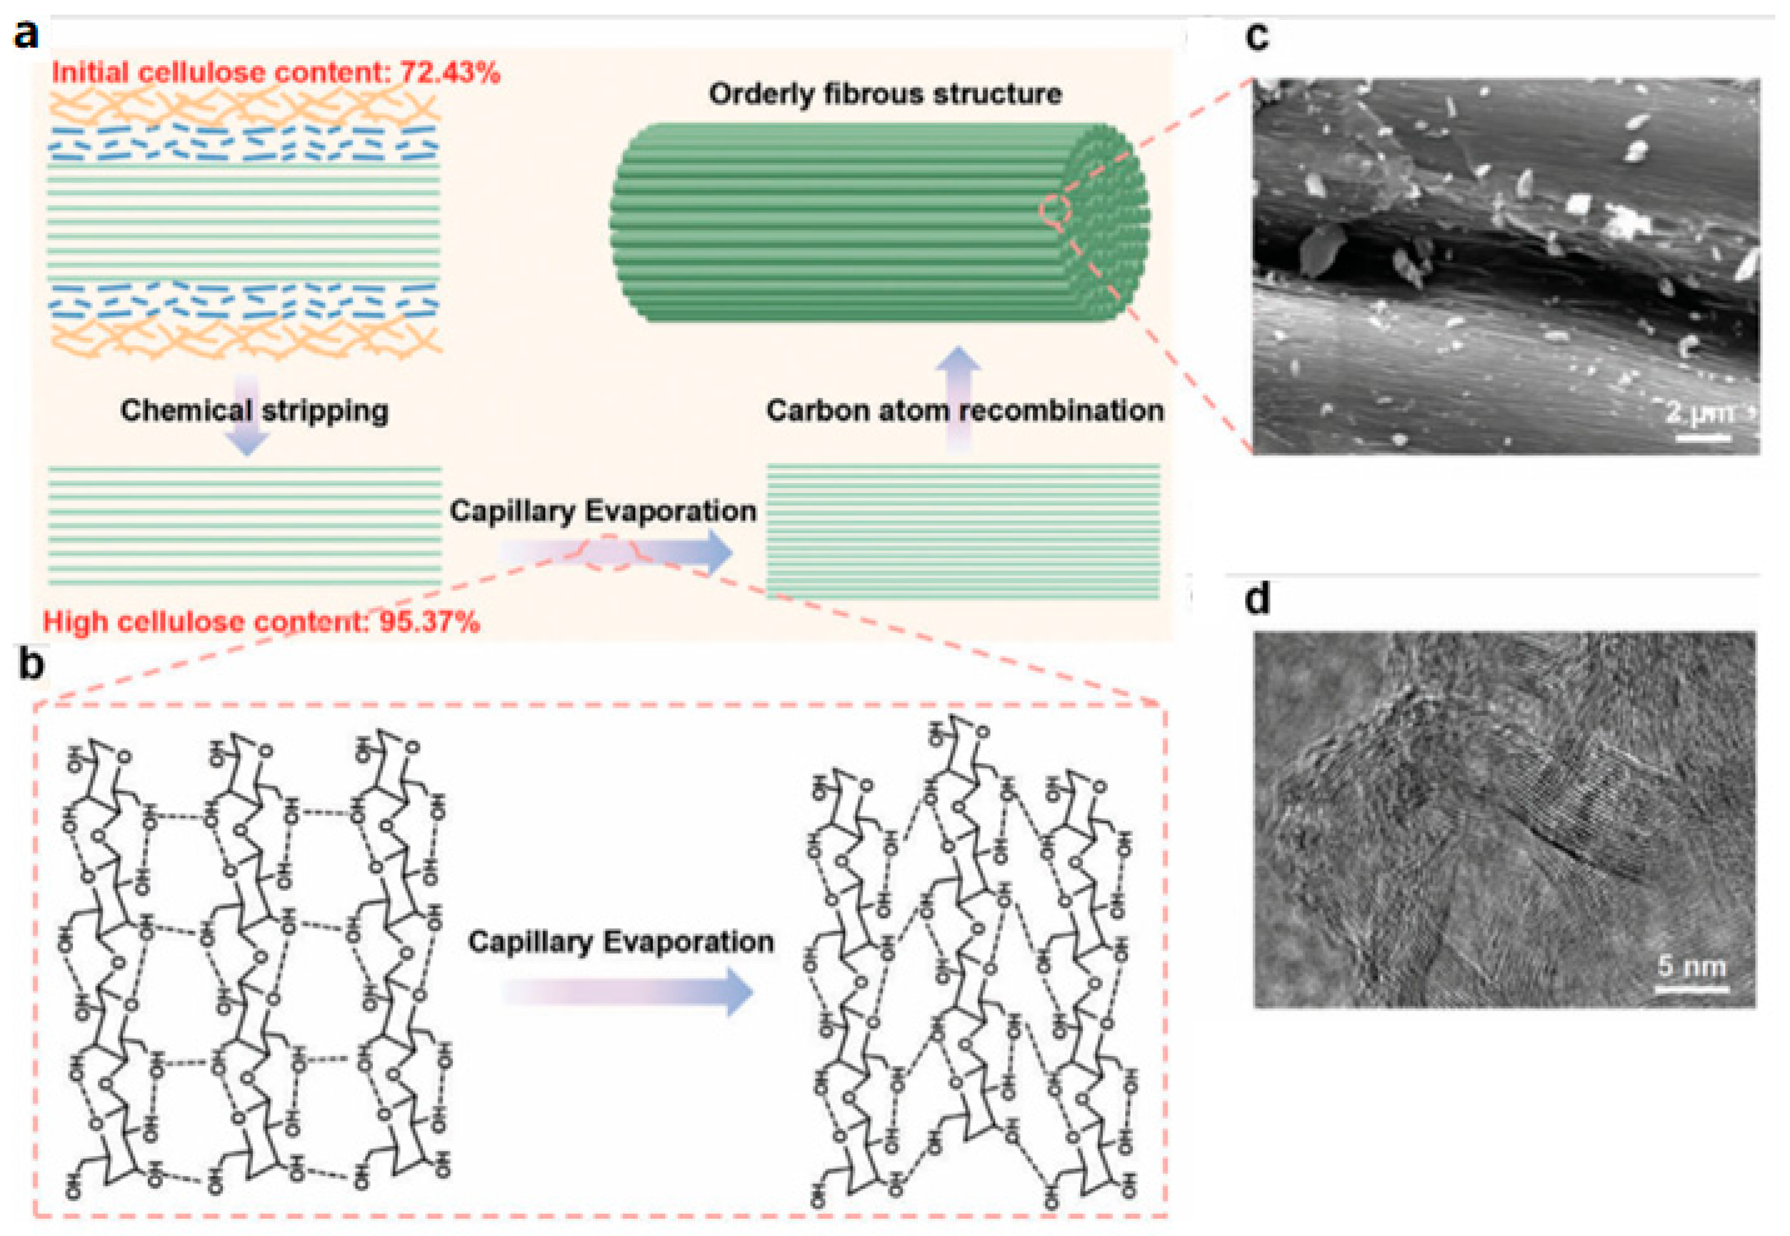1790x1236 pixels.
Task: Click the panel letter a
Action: point(26,35)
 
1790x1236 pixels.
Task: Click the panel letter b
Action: point(31,664)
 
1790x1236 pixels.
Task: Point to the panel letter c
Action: point(1256,36)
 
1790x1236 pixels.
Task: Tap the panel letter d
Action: point(1256,598)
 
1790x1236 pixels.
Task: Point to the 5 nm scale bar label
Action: point(1692,966)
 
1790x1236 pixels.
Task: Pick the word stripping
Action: point(325,410)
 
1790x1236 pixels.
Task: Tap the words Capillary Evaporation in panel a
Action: point(603,511)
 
